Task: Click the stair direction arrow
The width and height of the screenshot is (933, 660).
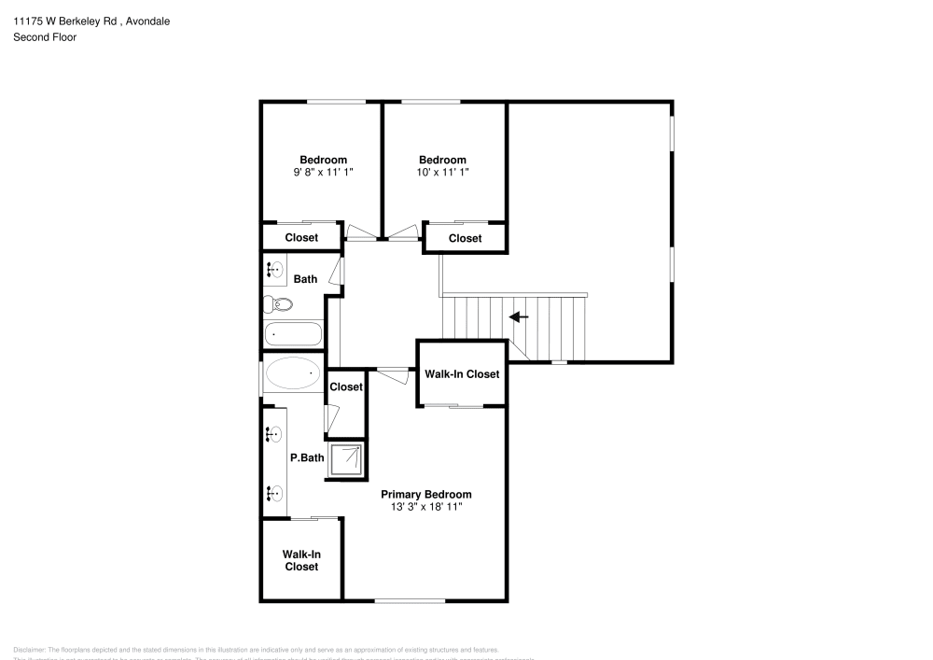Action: (519, 317)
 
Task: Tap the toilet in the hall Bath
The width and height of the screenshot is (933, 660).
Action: (278, 303)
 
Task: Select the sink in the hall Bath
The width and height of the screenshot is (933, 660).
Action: (275, 270)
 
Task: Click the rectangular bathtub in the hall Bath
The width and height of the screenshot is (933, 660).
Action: (293, 334)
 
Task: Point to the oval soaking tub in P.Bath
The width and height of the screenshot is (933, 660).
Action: (293, 374)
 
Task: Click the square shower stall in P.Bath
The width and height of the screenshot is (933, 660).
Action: (347, 460)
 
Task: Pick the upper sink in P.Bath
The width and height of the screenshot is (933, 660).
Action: (274, 434)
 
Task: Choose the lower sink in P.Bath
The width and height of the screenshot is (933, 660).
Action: (274, 494)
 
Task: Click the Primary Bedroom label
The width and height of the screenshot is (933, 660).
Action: (426, 494)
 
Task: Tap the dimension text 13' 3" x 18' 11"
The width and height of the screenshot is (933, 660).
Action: (426, 507)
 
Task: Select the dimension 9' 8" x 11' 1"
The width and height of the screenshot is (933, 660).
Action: (323, 172)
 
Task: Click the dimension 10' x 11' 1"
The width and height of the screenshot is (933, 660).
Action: (442, 172)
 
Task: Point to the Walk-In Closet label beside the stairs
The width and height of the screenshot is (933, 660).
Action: (462, 374)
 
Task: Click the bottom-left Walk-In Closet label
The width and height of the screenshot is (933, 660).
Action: (301, 560)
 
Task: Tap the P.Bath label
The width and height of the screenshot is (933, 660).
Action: (306, 458)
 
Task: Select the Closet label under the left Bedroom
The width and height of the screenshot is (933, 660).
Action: (301, 238)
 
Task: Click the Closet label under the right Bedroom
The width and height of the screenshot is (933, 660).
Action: (465, 239)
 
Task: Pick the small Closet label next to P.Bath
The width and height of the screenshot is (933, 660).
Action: (345, 386)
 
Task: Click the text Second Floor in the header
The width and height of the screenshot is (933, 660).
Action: (45, 37)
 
